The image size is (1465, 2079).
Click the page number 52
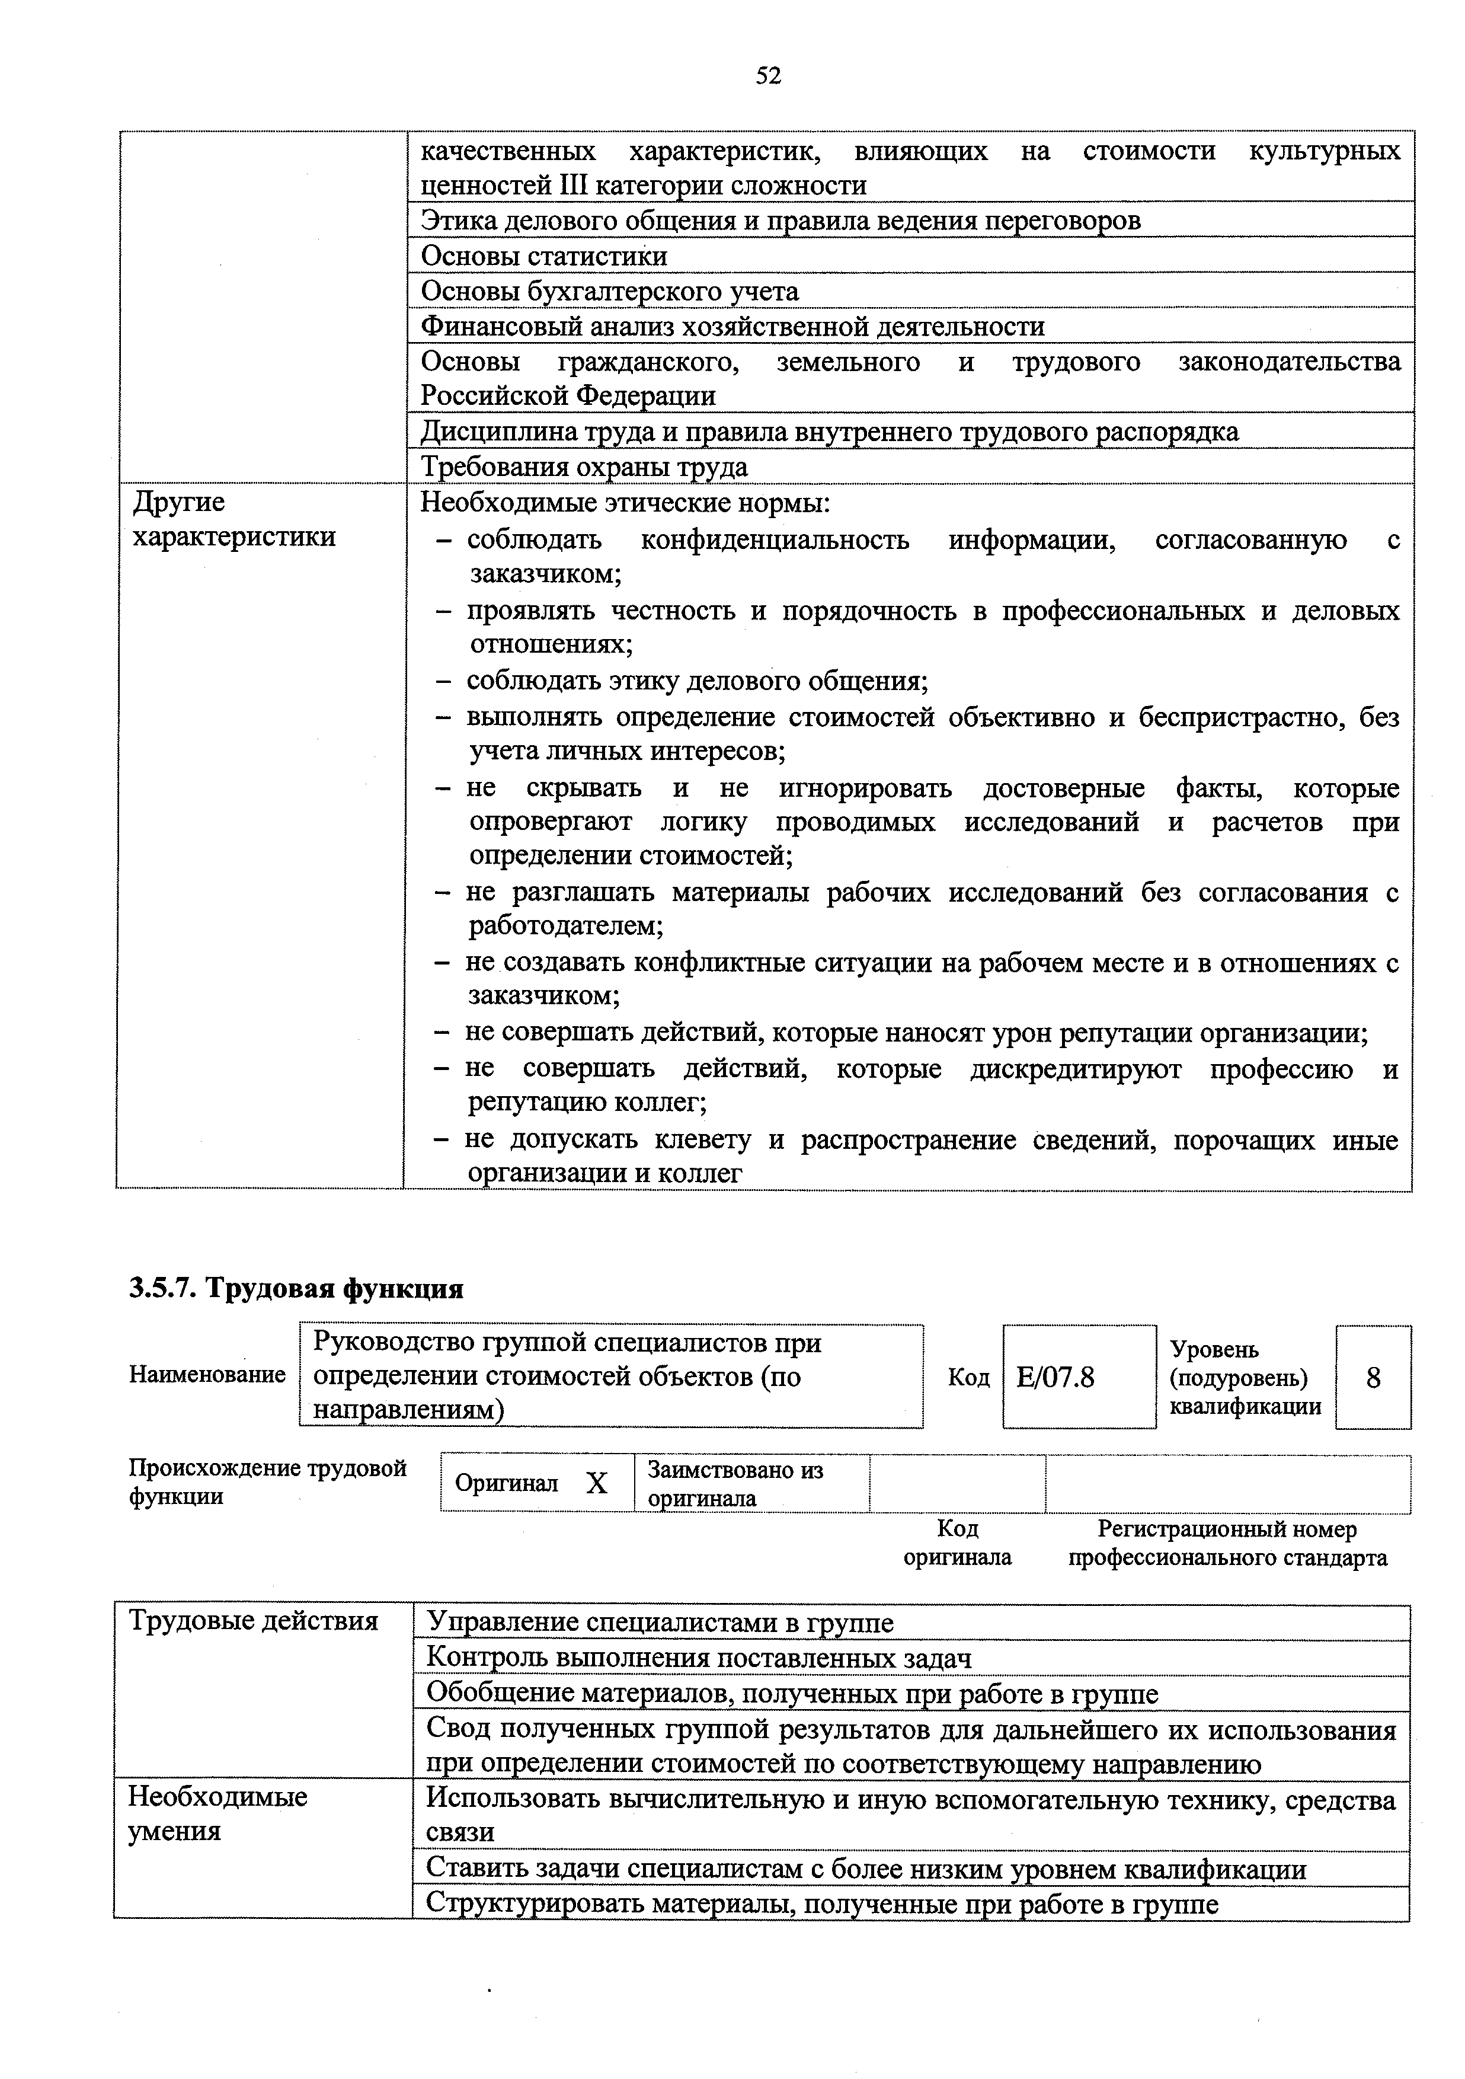pos(768,76)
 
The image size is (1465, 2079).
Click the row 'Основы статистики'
pos(544,256)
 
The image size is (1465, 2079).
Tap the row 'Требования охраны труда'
pos(584,467)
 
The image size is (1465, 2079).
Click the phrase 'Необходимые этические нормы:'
pos(625,503)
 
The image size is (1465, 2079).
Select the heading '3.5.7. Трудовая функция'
pos(296,1289)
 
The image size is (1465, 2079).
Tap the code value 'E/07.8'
pos(1055,1377)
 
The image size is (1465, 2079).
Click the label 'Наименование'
pos(207,1375)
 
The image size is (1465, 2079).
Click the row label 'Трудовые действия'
pos(254,1620)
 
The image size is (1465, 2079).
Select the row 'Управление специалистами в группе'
pos(659,1623)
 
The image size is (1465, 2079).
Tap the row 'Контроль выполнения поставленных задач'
pos(698,1658)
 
